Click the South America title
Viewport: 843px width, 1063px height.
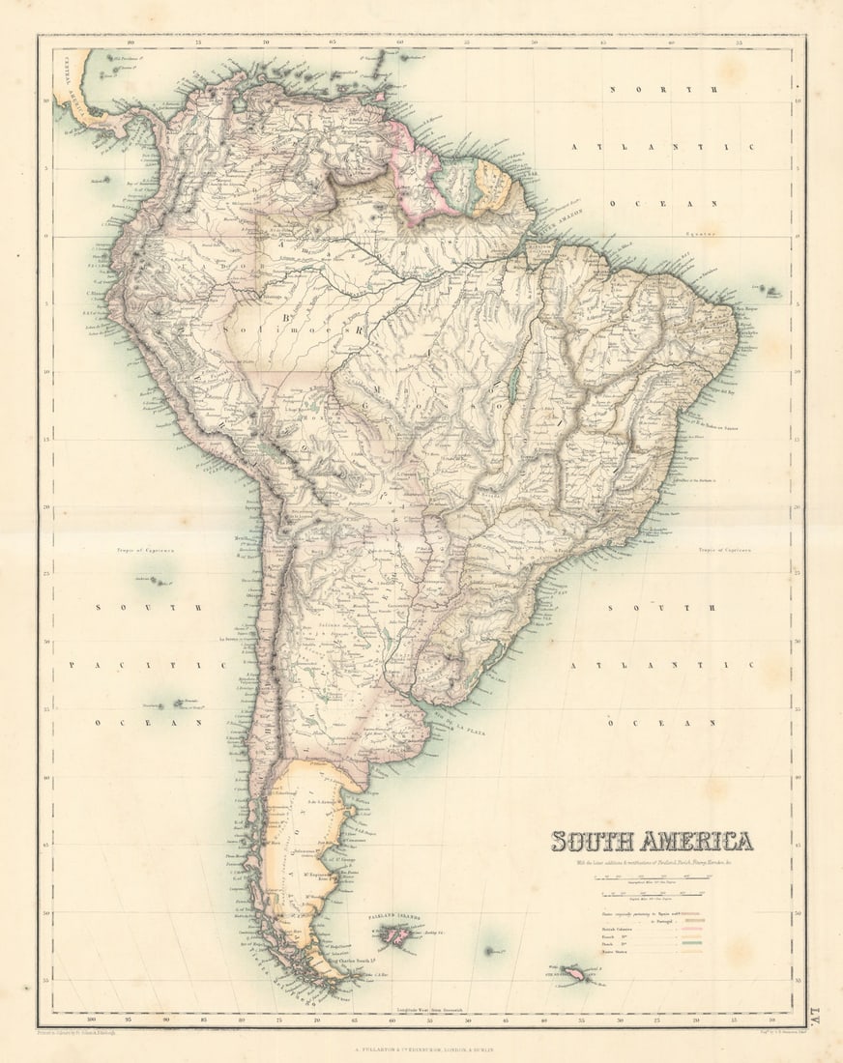652,841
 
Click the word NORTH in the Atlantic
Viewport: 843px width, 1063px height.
662,89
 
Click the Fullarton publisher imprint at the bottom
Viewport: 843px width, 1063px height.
422,1041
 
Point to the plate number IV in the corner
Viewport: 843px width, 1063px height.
816,1013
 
